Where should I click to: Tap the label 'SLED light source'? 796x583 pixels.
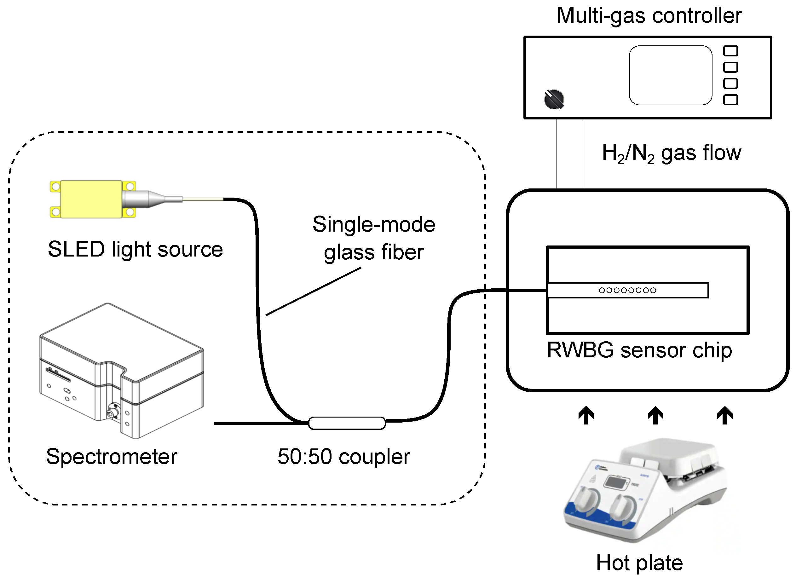click(x=135, y=249)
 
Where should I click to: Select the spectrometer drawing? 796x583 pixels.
click(x=122, y=371)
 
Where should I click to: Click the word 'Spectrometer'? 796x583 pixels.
click(x=112, y=456)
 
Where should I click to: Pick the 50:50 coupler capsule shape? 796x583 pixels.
click(x=347, y=423)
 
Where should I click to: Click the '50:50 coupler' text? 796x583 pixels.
click(x=344, y=456)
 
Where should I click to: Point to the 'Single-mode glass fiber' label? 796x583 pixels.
click(x=374, y=238)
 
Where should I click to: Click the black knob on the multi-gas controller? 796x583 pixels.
click(x=554, y=99)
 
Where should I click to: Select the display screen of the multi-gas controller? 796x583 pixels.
click(x=670, y=75)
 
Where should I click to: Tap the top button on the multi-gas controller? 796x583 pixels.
click(x=730, y=51)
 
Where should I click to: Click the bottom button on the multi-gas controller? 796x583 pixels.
click(x=730, y=100)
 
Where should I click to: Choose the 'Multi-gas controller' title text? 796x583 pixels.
click(x=649, y=15)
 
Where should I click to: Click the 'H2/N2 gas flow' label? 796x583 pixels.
click(x=671, y=153)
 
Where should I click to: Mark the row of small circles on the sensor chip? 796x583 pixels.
click(x=627, y=290)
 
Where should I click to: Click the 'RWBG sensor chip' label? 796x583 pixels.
click(x=639, y=350)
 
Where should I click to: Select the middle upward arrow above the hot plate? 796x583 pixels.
click(x=655, y=415)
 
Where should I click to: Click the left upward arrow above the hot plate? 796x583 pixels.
click(x=586, y=415)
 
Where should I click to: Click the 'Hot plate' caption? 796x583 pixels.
click(x=639, y=563)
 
